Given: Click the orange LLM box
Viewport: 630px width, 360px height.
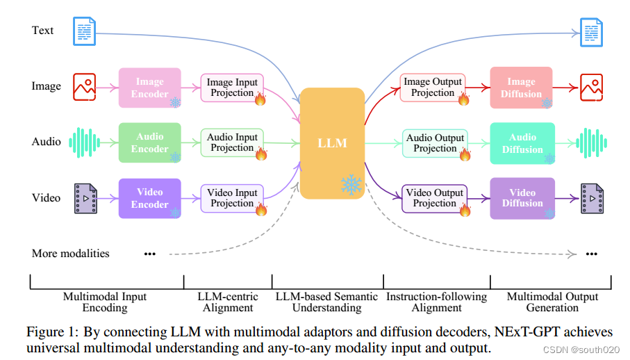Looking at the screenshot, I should coord(332,142).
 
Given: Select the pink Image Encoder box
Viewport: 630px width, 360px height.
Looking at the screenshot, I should coord(149,88).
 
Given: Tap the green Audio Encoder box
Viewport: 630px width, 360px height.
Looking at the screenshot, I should coord(149,142).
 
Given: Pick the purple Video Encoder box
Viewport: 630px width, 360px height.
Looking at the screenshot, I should coord(149,198).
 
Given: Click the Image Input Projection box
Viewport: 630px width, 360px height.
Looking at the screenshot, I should coord(231,87).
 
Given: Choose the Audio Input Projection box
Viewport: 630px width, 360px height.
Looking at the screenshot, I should coord(231,142).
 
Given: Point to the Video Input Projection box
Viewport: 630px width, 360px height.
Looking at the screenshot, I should coord(231,197).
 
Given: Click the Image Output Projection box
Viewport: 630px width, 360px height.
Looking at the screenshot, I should coord(432,87).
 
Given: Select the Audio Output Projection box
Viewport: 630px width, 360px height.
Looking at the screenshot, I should coord(434,142).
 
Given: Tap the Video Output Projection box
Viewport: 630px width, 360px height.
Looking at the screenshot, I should coord(434,197).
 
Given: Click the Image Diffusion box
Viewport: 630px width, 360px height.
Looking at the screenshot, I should coord(521,87).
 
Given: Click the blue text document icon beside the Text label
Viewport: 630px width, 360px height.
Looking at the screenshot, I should coord(85,31).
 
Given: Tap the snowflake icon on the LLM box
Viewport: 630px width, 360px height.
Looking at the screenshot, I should coord(351,184).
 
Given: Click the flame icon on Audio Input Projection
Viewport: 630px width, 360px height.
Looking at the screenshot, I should coord(261,154).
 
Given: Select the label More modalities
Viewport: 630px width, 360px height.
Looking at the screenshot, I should coord(70,253).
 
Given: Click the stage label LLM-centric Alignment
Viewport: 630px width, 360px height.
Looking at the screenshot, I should coord(228,302).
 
